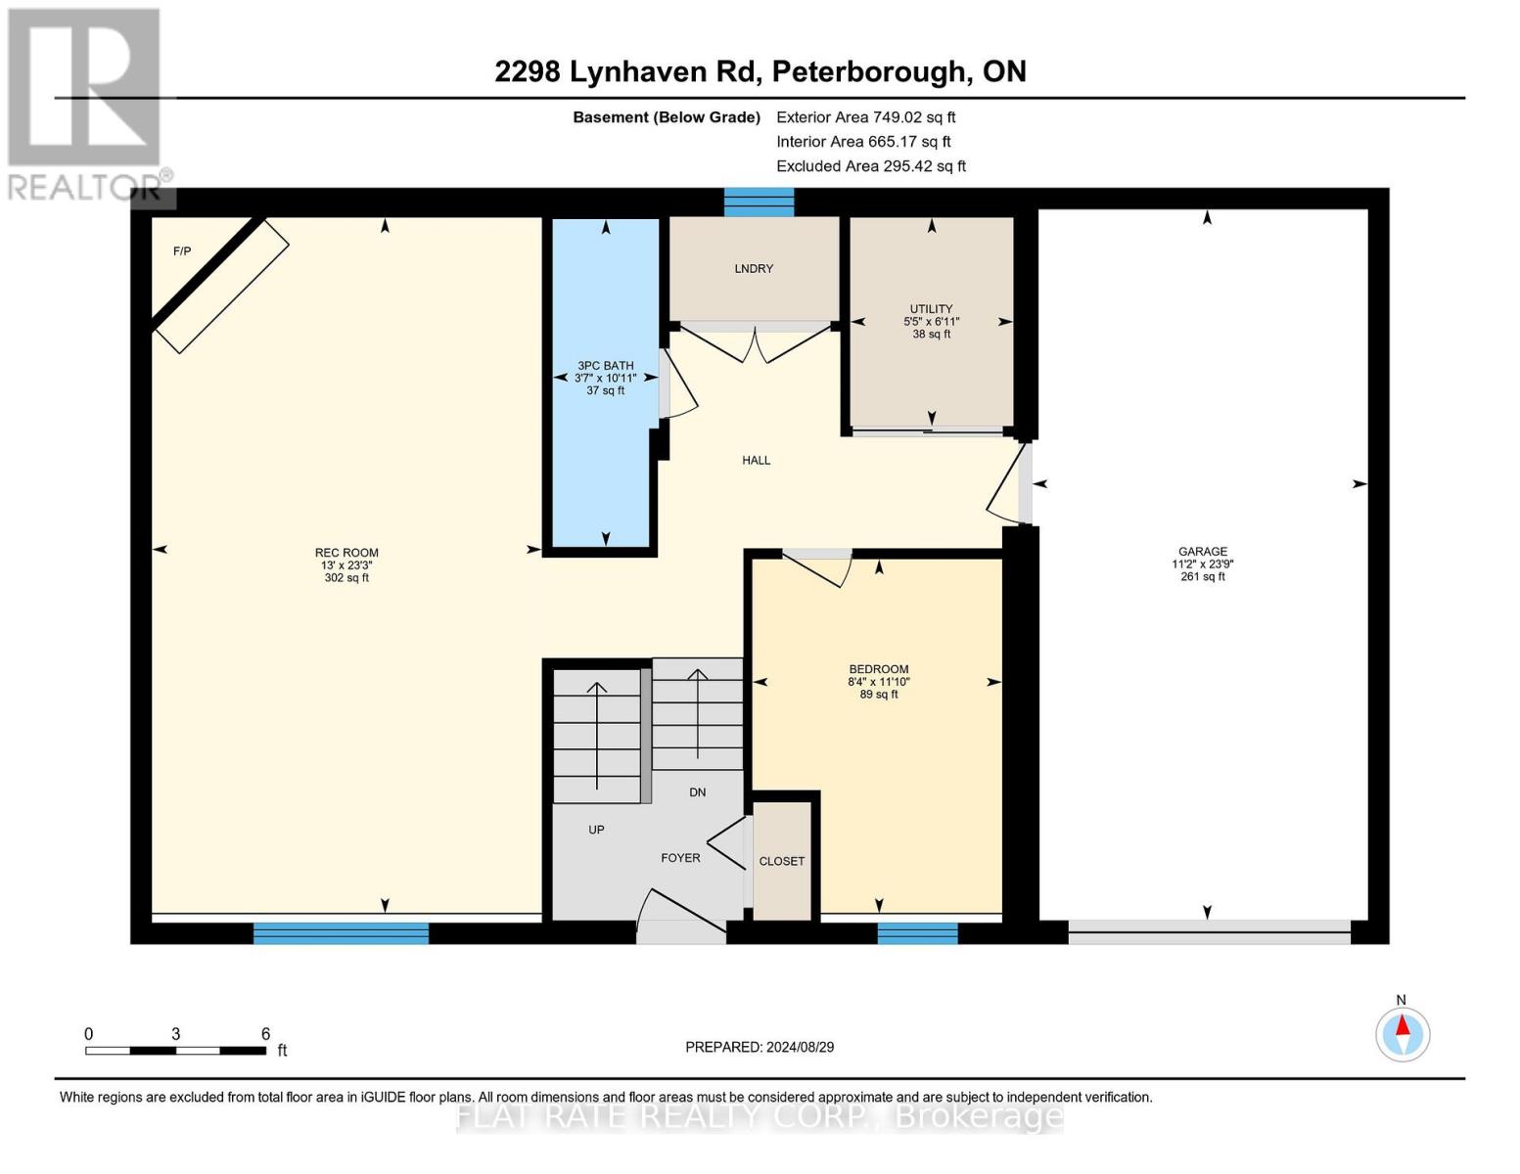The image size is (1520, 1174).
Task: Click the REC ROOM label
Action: pos(346,553)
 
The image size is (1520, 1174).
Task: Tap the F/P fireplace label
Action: pos(182,251)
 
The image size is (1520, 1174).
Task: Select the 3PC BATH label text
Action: pos(606,365)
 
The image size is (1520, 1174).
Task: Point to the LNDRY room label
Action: pos(754,268)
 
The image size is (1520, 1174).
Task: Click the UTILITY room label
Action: pos(931,308)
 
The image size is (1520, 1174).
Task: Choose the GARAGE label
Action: pos(1203,551)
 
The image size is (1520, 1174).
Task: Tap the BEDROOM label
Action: pos(879,669)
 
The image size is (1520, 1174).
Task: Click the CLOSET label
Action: pos(782,862)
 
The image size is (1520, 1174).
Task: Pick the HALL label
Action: pos(757,460)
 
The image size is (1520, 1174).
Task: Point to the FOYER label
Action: pos(680,858)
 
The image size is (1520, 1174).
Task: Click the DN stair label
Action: pos(698,792)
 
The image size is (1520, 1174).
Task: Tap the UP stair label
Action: pos(596,830)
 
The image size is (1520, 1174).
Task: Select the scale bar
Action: pos(175,1051)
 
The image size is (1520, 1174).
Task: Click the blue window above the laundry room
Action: pos(759,203)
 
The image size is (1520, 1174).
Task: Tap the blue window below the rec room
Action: pos(341,933)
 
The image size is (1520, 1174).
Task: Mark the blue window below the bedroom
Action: pos(917,933)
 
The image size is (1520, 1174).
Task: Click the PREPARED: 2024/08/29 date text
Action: pos(760,1047)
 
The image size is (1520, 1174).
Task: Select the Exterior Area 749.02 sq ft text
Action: pos(866,117)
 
